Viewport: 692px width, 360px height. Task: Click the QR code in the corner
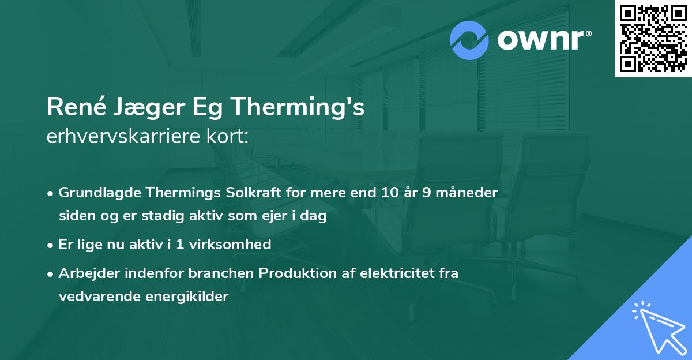[653, 39]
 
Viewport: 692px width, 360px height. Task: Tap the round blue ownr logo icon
[469, 40]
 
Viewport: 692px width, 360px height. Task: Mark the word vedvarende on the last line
[95, 297]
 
